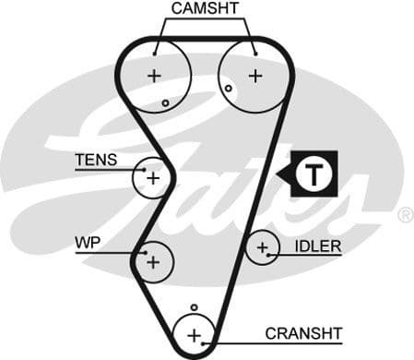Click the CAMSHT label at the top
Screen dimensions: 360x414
coord(205,9)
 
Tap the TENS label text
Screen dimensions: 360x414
coord(96,160)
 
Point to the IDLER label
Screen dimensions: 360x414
coord(318,246)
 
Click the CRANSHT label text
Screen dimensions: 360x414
coord(303,332)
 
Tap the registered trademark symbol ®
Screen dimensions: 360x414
coord(405,215)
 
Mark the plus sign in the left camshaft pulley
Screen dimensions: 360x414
coord(154,75)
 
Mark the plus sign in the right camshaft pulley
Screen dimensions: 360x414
coord(254,75)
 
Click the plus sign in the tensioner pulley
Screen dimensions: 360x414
coord(152,176)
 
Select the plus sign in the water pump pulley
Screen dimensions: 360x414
coord(153,262)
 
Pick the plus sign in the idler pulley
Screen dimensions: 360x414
coord(264,247)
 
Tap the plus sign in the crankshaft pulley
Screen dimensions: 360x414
coord(194,334)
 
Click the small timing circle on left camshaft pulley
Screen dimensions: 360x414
coord(165,102)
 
